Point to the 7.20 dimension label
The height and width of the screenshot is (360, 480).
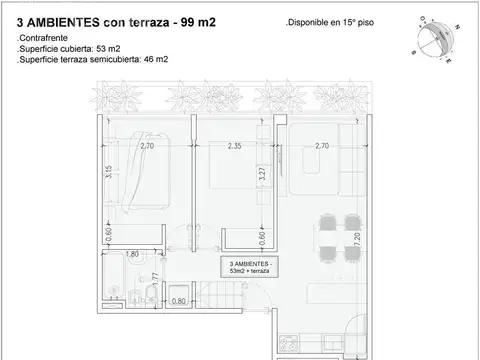coord(355,240)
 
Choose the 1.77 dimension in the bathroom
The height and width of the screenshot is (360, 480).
coord(155,279)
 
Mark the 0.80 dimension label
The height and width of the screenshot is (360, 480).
coord(178,300)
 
